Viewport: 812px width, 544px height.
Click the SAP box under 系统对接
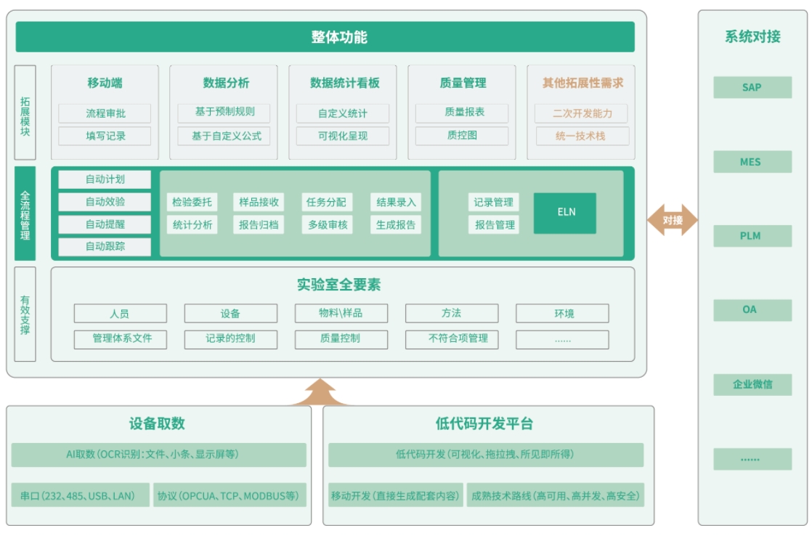click(752, 87)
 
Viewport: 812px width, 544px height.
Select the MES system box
click(752, 161)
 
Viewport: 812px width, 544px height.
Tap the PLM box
click(752, 235)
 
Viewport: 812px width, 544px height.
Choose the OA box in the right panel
click(752, 309)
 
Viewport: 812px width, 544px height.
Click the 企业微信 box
click(752, 384)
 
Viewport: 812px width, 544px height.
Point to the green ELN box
click(565, 213)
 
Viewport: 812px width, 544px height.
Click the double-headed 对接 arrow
click(673, 219)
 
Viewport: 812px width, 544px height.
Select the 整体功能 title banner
click(325, 37)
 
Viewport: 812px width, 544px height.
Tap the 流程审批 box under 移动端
click(105, 113)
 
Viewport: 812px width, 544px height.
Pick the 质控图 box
click(462, 136)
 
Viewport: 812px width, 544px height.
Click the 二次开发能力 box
click(581, 113)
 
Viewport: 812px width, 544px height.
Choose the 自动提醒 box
click(105, 224)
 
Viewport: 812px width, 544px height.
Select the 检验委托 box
click(192, 202)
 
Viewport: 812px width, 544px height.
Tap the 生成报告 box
click(396, 224)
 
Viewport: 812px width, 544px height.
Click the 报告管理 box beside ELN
click(495, 224)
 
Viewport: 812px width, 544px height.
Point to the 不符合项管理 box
click(451, 338)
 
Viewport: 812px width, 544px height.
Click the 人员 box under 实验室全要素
click(120, 314)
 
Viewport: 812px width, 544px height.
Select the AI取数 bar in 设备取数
click(158, 455)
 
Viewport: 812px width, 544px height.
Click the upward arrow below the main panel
click(320, 393)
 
